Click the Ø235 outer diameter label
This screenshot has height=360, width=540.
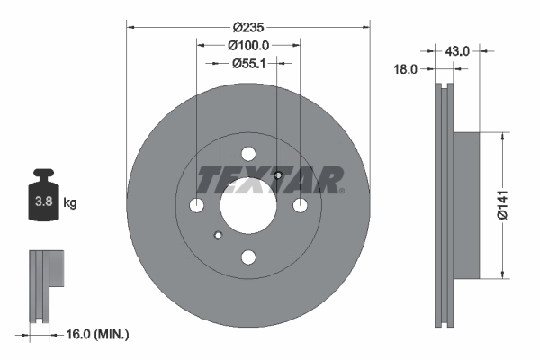pyautogui.click(x=248, y=27)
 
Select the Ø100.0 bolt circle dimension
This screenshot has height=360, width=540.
pyautogui.click(x=248, y=46)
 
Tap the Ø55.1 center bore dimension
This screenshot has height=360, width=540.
pyautogui.click(x=248, y=64)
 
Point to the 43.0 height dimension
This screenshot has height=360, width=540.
pyautogui.click(x=457, y=51)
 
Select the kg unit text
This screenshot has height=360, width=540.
pyautogui.click(x=70, y=203)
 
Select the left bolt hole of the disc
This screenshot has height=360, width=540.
pyautogui.click(x=197, y=207)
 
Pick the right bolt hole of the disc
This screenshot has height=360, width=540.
pyautogui.click(x=300, y=207)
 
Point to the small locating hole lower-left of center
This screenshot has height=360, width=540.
pyautogui.click(x=217, y=237)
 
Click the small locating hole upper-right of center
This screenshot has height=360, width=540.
pyautogui.click(x=279, y=175)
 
